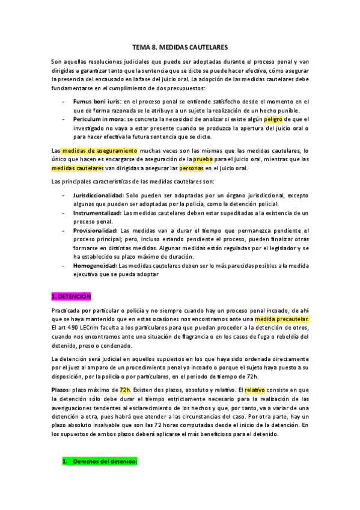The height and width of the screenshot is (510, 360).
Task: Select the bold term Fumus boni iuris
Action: pos(97,102)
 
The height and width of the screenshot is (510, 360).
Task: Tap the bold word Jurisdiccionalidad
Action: pos(99,195)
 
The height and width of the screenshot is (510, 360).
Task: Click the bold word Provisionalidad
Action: pos(96,230)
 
